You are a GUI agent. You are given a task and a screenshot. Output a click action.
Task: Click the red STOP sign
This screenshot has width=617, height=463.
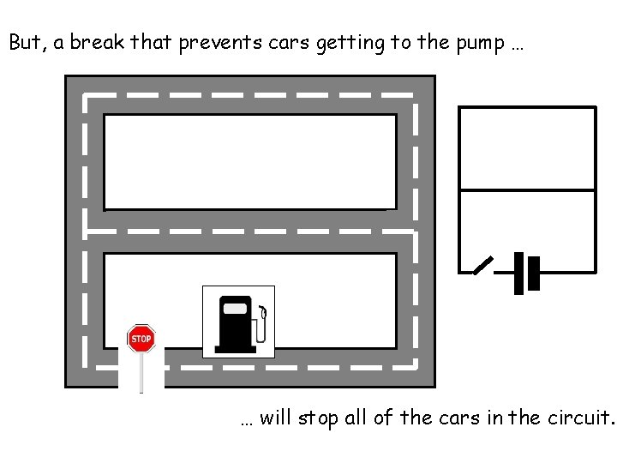(x=141, y=339)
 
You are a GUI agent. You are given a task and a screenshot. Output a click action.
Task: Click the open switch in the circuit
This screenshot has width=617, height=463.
(x=484, y=266)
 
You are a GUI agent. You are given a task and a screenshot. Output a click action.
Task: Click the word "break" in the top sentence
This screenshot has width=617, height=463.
(x=97, y=43)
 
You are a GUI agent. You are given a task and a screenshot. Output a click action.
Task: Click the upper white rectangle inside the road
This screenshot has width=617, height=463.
(x=249, y=161)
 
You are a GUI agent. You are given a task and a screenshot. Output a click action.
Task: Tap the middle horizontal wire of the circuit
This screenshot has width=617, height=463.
(x=527, y=190)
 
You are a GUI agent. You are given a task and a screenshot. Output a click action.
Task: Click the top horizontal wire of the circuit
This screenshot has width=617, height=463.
(x=527, y=107)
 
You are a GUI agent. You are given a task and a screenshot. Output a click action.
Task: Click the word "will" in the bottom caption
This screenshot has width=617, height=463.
(x=275, y=418)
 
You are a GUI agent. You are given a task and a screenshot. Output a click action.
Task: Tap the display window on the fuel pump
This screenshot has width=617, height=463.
(x=234, y=309)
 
